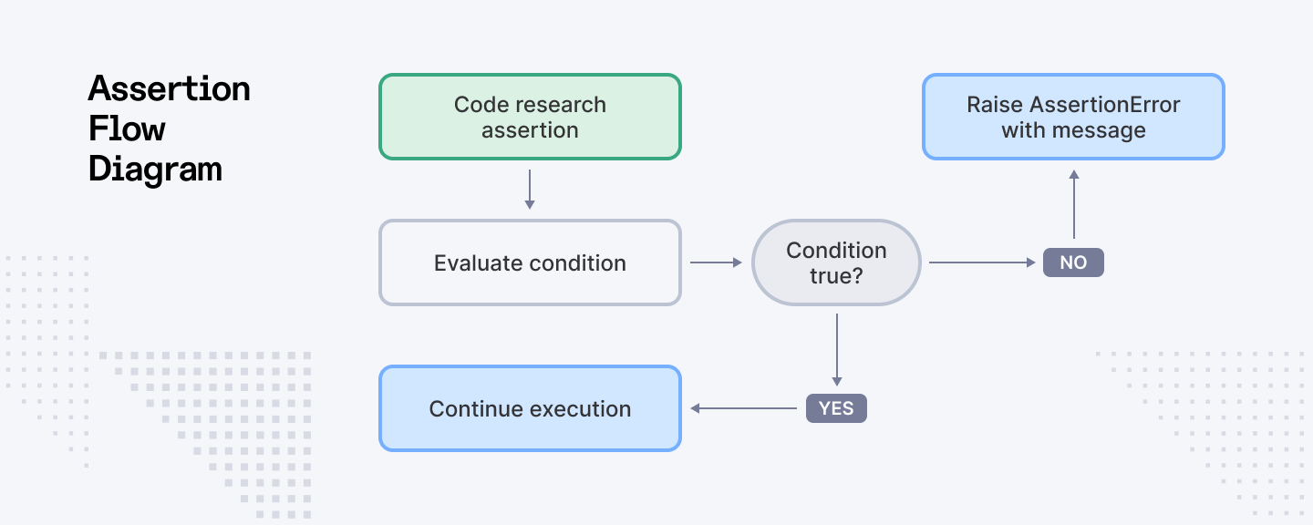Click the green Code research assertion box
pos(530,117)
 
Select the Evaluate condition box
pos(530,262)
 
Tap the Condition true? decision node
pos(836,262)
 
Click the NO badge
pos(1073,262)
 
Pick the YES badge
pos(836,408)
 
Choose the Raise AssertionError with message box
pos(1073,117)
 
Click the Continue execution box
pos(530,408)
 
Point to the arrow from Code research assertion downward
pos(530,190)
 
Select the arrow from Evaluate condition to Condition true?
pos(717,262)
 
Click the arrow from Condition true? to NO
pos(982,262)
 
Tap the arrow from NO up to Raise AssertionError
pos(1074,204)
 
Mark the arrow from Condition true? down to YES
pos(837,350)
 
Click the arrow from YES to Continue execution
pos(743,408)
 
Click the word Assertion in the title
pos(170,88)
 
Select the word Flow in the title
pos(127,129)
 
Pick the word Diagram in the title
pos(155,170)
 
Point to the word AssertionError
pos(1105,104)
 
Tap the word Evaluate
pos(475,263)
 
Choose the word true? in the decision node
pos(836,275)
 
